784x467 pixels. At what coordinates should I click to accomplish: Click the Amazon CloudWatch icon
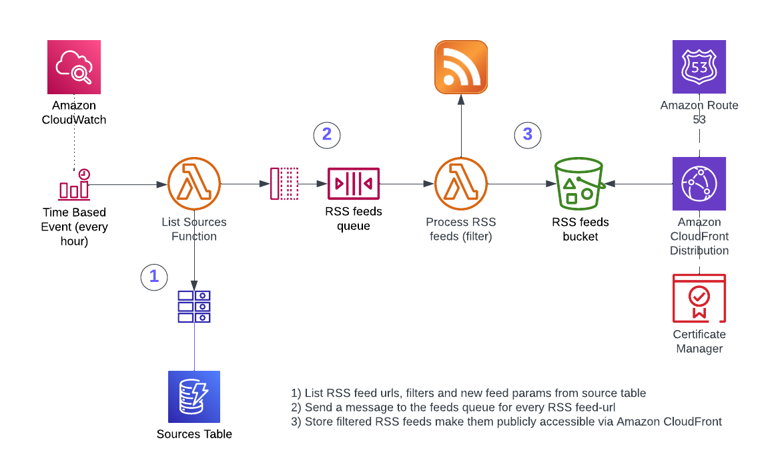(x=74, y=67)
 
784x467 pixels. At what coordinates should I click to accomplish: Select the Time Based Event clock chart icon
(x=74, y=184)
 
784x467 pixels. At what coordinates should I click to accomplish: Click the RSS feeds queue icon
(x=354, y=184)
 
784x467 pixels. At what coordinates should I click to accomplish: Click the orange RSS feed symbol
(x=461, y=66)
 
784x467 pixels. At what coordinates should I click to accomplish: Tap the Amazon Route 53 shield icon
(x=699, y=67)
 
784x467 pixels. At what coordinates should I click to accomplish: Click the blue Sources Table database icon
(x=194, y=397)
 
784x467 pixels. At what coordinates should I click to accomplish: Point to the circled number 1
(x=154, y=276)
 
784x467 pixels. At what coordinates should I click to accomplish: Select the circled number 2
(x=327, y=134)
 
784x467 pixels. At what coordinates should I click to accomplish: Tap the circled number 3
(x=528, y=134)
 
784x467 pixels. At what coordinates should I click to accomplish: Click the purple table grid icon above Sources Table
(x=194, y=306)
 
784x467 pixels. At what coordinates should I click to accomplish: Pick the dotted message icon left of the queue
(x=284, y=184)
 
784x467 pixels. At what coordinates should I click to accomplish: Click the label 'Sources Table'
(x=194, y=434)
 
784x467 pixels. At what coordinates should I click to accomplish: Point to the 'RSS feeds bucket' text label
(x=580, y=229)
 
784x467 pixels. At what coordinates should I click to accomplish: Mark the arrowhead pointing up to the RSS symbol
(x=461, y=99)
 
